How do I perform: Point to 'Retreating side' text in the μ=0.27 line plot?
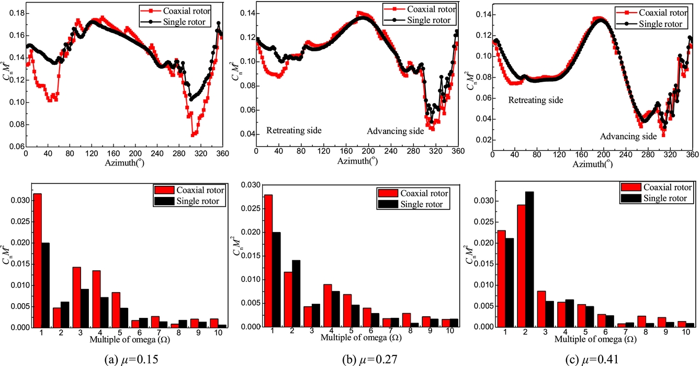(x=294, y=130)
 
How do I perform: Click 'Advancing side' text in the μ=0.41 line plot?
(x=628, y=136)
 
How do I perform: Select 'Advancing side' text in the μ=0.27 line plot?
(x=395, y=131)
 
